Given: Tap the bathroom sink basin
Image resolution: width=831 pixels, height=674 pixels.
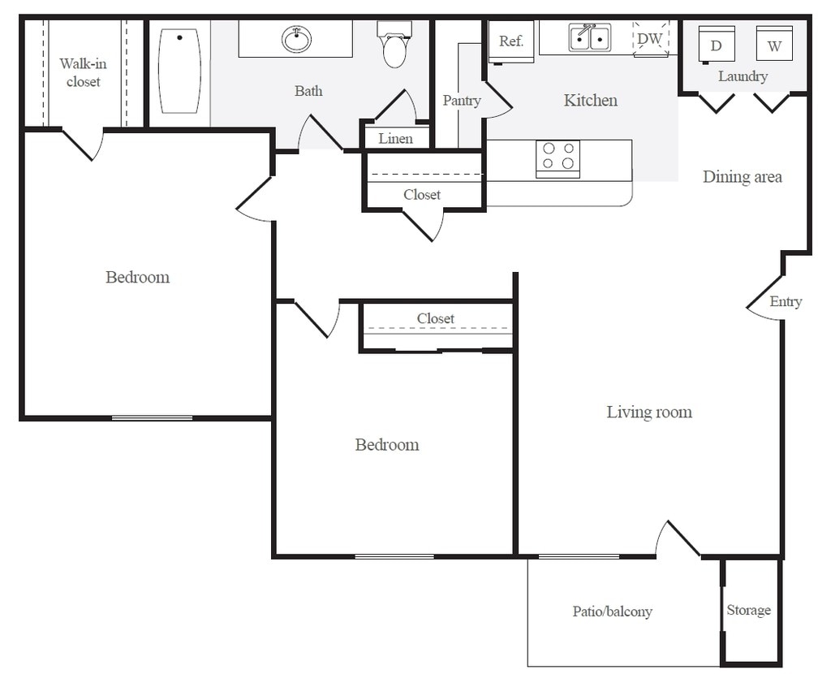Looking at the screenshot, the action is pyautogui.click(x=296, y=39).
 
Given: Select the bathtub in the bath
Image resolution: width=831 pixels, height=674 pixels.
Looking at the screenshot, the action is pyautogui.click(x=179, y=71).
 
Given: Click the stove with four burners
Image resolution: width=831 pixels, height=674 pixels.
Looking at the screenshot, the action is pyautogui.click(x=558, y=158).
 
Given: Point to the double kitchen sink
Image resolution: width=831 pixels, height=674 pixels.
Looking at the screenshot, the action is pyautogui.click(x=589, y=37).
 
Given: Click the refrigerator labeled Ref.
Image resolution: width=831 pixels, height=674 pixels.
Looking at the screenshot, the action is pyautogui.click(x=511, y=42).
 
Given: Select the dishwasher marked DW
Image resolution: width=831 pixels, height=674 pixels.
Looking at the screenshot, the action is pyautogui.click(x=651, y=38).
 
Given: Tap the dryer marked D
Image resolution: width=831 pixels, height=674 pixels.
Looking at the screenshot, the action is pyautogui.click(x=717, y=45).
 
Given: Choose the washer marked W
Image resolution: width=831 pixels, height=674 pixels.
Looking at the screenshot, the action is pyautogui.click(x=774, y=44).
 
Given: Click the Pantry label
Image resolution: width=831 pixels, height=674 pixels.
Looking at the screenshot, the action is pyautogui.click(x=462, y=101).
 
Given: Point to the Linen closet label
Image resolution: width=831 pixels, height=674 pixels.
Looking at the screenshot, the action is pyautogui.click(x=395, y=139).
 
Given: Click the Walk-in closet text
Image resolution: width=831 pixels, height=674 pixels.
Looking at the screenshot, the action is pyautogui.click(x=84, y=72).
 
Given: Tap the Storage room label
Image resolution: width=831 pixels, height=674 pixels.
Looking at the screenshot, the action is pyautogui.click(x=748, y=611).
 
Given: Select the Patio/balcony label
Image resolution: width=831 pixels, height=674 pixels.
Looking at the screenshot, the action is pyautogui.click(x=612, y=611).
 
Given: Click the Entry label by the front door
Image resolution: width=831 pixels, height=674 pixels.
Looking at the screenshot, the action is pyautogui.click(x=786, y=302).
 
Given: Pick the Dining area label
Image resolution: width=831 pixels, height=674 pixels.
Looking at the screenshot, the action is pyautogui.click(x=742, y=177).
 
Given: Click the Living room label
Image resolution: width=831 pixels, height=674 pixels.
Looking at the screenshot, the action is pyautogui.click(x=649, y=412).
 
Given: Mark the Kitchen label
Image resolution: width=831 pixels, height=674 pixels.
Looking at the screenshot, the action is pyautogui.click(x=591, y=100).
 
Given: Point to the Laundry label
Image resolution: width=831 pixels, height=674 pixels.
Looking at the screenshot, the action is pyautogui.click(x=743, y=76).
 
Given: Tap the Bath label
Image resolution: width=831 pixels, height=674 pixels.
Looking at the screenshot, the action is pyautogui.click(x=308, y=91).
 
